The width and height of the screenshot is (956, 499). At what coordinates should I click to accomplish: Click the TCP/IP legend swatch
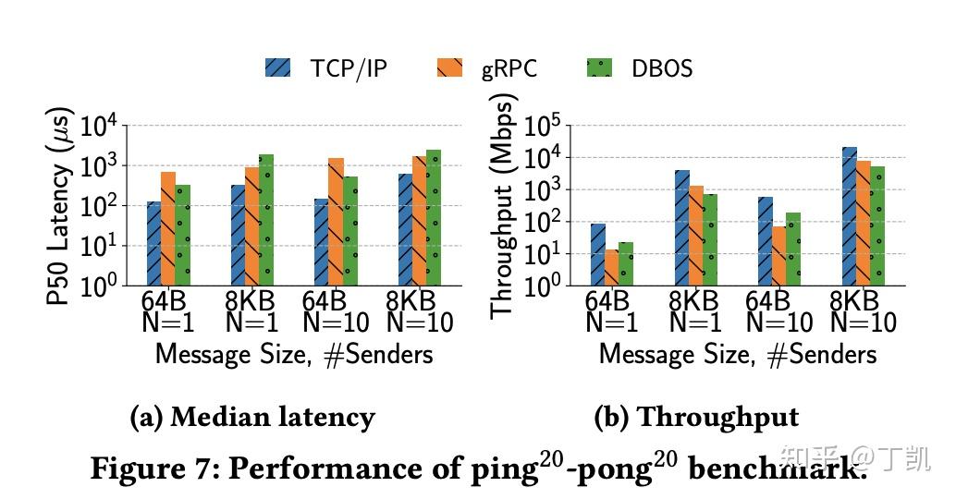coord(277,68)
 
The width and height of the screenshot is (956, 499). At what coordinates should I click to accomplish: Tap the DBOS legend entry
coord(661,68)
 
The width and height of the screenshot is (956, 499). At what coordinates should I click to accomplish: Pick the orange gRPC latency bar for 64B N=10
coord(336,222)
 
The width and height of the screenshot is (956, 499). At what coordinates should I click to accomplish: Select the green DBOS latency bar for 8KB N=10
coord(434,217)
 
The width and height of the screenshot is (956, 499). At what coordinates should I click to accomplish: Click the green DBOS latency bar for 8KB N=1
coord(266,220)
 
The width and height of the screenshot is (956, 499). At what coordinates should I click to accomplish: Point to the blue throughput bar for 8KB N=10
coord(849,216)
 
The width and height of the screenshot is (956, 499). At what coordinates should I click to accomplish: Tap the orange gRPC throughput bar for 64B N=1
coord(611,267)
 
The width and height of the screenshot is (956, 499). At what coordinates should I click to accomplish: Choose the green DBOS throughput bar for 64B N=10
coord(792,249)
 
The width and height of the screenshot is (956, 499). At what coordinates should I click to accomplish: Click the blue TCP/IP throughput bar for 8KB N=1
coord(681,227)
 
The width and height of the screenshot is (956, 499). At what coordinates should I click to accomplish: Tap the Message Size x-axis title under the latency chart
coord(293,354)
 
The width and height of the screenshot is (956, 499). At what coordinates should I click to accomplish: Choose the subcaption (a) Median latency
coord(252,418)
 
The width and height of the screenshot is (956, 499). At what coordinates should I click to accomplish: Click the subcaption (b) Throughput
coord(695,418)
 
